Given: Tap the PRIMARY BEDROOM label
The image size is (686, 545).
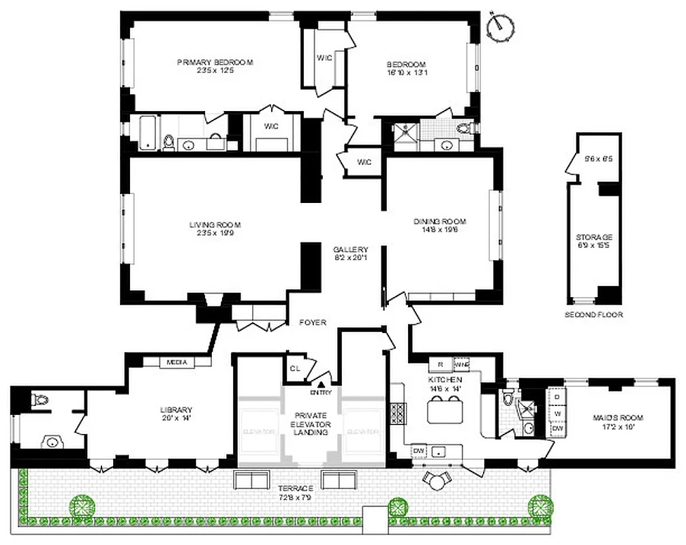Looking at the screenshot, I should tap(215, 62).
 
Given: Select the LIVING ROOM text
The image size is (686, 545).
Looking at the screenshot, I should tap(215, 224).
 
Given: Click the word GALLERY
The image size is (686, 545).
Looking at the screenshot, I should tap(350, 249).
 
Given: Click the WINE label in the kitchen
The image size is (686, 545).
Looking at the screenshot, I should tap(461, 364).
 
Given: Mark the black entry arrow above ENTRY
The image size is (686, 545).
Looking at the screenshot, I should tap(322, 384).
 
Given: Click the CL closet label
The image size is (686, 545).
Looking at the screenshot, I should tap(294, 369).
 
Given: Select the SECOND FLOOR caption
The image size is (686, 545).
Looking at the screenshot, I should tap(593, 315).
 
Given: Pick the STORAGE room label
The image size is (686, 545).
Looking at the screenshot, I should tap(589, 237).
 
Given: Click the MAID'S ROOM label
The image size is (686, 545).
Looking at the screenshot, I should tap(618, 418).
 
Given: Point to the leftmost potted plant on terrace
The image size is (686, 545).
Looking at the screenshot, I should tap(80, 506).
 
